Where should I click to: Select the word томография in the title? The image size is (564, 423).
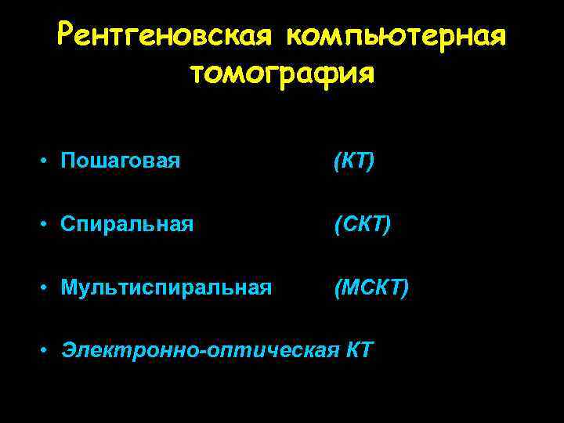(x=282, y=74)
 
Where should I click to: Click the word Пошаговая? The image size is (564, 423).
(x=121, y=162)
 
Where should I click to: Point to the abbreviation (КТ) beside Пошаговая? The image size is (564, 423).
(x=353, y=162)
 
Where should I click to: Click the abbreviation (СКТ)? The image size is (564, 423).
(x=362, y=226)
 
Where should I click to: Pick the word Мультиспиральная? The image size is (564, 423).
(x=167, y=289)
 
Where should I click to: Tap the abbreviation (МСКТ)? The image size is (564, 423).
(x=371, y=289)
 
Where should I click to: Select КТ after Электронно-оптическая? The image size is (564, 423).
(x=359, y=349)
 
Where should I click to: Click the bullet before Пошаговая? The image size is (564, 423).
(x=48, y=162)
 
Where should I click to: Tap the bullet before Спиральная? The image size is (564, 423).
(x=48, y=226)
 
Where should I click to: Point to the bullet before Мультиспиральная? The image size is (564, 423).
(x=48, y=289)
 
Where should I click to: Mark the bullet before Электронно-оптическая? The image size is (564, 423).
(x=48, y=349)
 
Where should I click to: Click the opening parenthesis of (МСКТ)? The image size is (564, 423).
(x=337, y=289)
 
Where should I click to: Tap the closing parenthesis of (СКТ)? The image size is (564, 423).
(x=388, y=226)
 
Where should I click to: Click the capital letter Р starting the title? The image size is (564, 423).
(x=68, y=36)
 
